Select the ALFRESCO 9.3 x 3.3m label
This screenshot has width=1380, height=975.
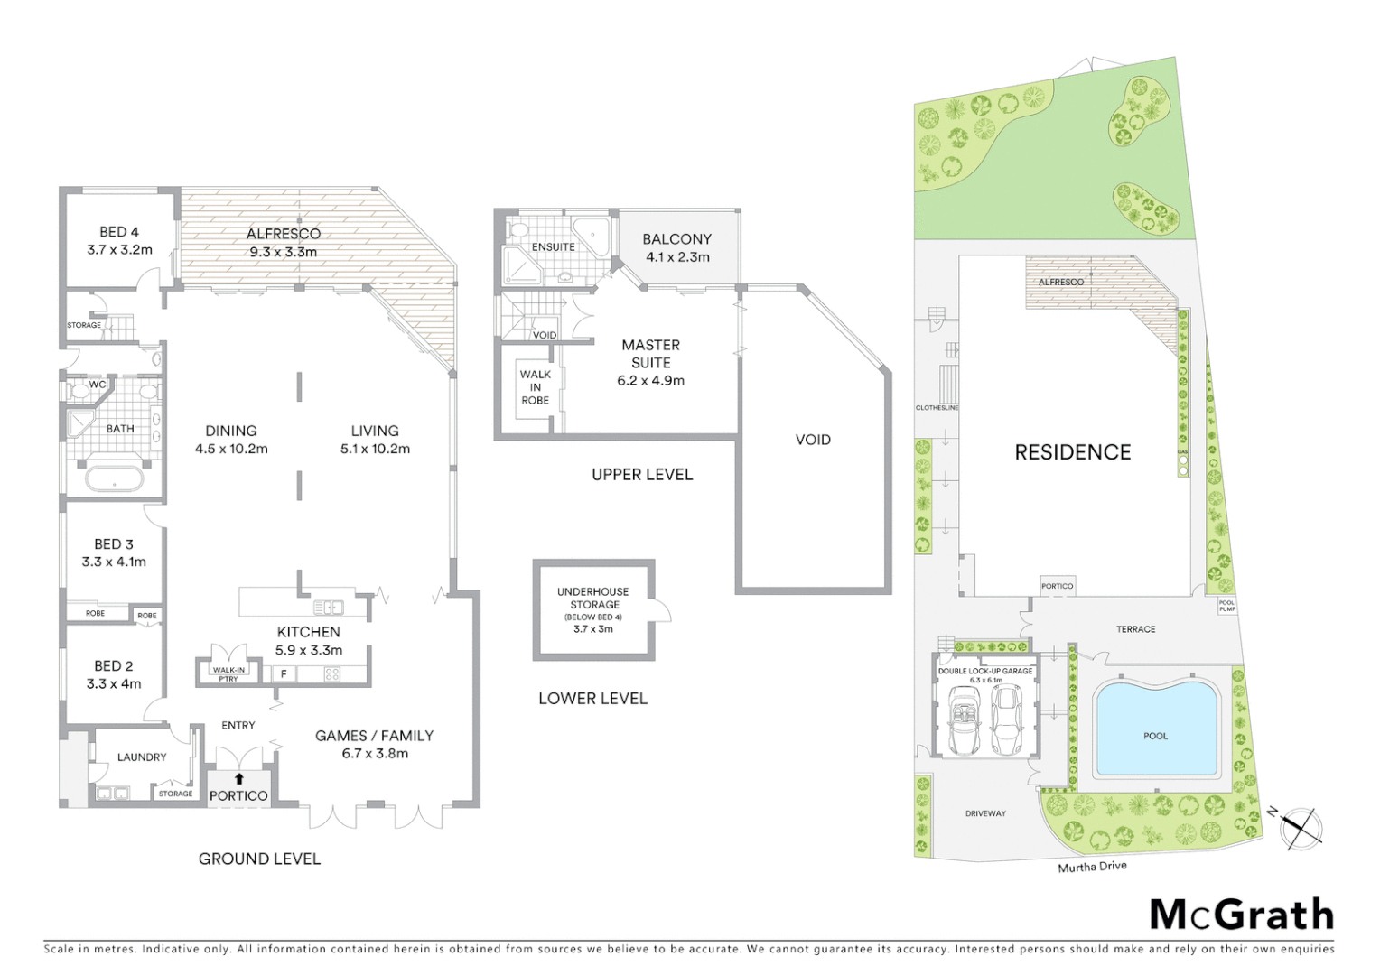(x=283, y=243)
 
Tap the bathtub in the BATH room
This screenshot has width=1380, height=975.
(x=114, y=478)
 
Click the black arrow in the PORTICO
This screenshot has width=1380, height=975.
(x=238, y=778)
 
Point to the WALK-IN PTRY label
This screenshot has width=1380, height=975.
(x=228, y=673)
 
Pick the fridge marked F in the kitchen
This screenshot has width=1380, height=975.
(x=284, y=673)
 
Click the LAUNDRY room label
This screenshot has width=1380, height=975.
(x=142, y=757)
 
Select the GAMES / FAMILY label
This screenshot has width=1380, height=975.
(x=374, y=744)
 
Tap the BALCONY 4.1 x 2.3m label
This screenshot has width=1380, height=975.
(x=676, y=247)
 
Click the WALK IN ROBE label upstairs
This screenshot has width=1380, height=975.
(x=535, y=387)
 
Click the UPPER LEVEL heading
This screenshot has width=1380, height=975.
(x=641, y=475)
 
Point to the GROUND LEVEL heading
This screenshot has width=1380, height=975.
(x=259, y=859)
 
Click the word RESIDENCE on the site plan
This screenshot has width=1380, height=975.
(x=1072, y=452)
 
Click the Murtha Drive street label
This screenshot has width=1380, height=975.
(x=1092, y=867)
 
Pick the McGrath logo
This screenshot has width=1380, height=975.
(x=1241, y=915)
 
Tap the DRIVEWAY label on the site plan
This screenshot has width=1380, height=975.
(x=984, y=813)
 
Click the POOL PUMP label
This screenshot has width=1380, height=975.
(x=1226, y=606)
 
